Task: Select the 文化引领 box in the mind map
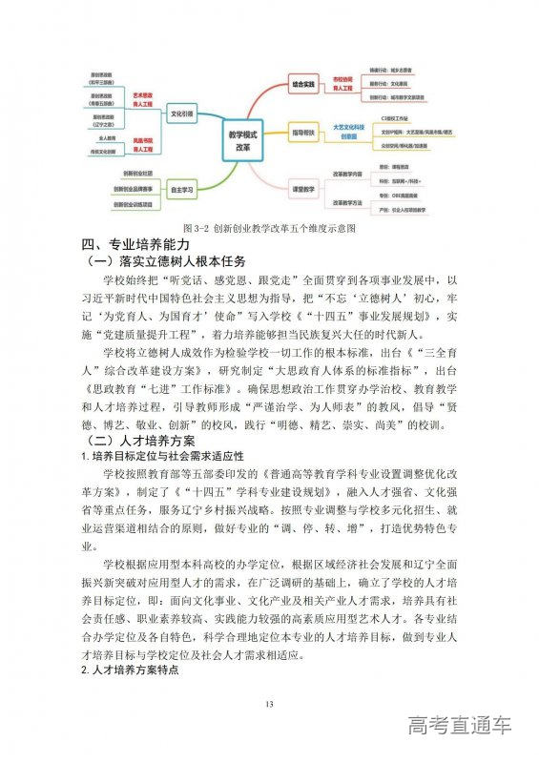click(x=180, y=113)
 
